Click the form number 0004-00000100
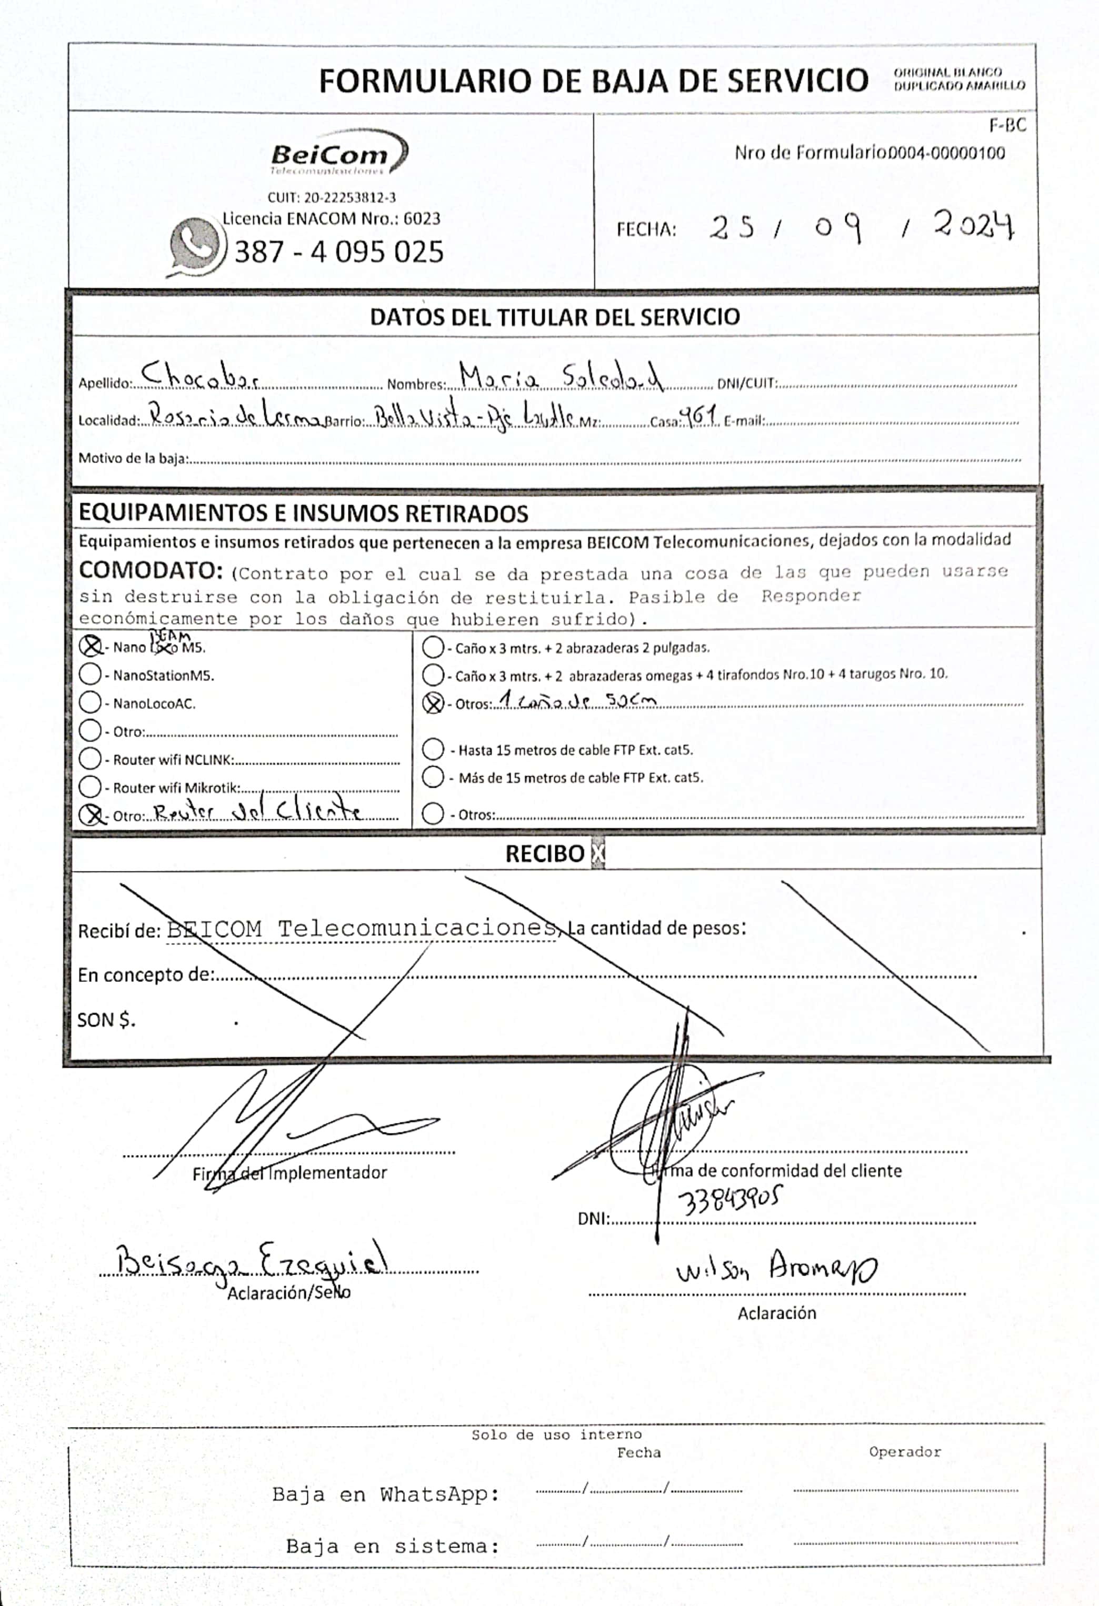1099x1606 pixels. point(946,153)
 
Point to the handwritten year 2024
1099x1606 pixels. point(973,225)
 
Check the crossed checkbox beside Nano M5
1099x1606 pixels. point(91,646)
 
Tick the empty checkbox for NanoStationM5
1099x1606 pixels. point(91,674)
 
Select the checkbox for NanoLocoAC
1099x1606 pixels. point(91,702)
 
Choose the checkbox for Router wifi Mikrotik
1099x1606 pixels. point(91,786)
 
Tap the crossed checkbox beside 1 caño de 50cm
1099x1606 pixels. point(433,704)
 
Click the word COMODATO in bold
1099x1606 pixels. point(150,571)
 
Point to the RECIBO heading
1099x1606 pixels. point(545,854)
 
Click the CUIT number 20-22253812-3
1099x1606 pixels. point(332,198)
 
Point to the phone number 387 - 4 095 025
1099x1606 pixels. point(338,252)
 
